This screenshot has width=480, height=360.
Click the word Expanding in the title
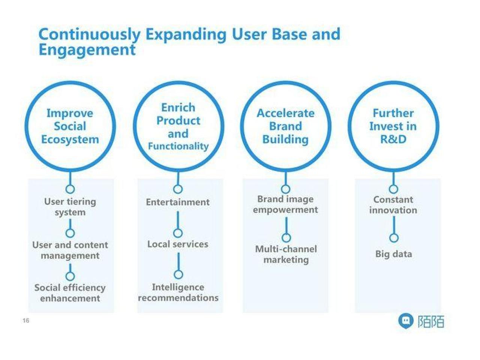(186, 34)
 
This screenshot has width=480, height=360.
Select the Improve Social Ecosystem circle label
(70, 126)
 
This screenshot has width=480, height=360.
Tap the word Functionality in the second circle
(178, 146)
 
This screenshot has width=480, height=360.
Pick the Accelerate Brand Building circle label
(286, 126)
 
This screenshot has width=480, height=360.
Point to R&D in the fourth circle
(393, 139)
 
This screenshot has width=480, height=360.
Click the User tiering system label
(70, 207)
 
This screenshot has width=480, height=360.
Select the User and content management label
(70, 250)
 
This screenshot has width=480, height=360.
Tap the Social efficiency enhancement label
(70, 293)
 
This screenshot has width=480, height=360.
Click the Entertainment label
(178, 202)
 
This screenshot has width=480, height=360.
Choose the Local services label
(178, 244)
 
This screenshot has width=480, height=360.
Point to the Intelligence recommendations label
(178, 292)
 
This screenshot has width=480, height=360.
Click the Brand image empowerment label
(285, 204)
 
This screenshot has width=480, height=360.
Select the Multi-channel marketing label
(286, 254)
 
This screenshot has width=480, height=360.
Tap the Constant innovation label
(393, 205)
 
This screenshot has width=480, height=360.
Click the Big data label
(394, 254)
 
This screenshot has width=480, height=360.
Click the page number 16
(26, 321)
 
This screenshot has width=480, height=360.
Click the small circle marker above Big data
(394, 238)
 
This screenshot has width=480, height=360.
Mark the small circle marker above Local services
(178, 233)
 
